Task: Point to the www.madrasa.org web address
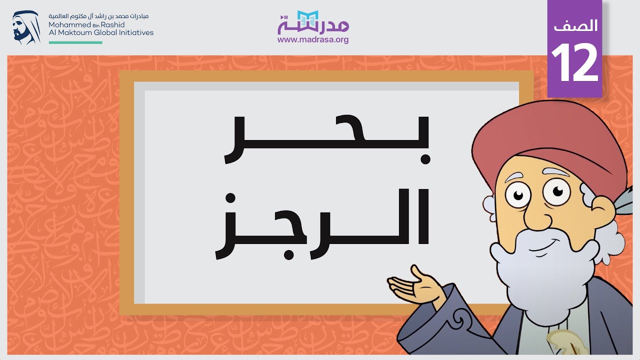click(313, 40)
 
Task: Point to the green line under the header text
click(75, 42)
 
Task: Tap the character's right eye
click(555, 190)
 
